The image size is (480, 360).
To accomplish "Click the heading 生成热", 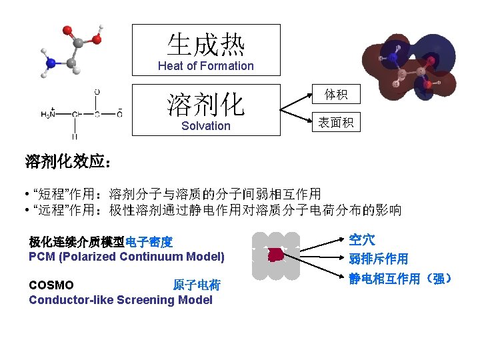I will pyautogui.click(x=205, y=45).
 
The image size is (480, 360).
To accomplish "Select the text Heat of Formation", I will pyautogui.click(x=205, y=66).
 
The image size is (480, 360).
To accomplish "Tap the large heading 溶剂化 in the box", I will pyautogui.click(x=205, y=104).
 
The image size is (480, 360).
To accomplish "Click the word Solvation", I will pyautogui.click(x=205, y=126).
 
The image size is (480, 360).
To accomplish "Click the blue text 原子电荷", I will pyautogui.click(x=197, y=285).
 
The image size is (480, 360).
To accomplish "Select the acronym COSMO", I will pyautogui.click(x=51, y=285).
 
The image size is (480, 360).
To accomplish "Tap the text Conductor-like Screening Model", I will pyautogui.click(x=121, y=300).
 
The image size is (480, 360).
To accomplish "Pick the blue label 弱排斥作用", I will pyautogui.click(x=378, y=259).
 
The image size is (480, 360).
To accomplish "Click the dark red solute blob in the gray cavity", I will pyautogui.click(x=275, y=255).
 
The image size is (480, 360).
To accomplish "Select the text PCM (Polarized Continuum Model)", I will pyautogui.click(x=127, y=257).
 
